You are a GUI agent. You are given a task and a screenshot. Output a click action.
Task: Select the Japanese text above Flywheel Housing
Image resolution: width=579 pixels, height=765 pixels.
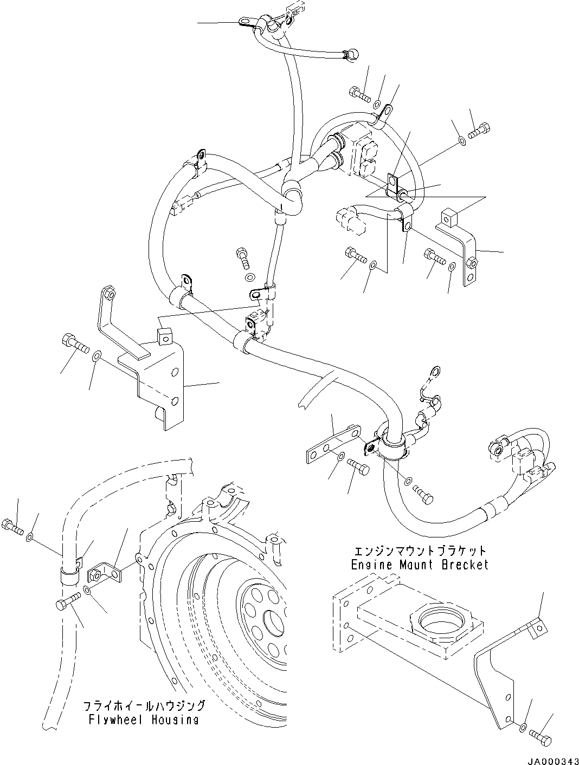pyautogui.click(x=144, y=706)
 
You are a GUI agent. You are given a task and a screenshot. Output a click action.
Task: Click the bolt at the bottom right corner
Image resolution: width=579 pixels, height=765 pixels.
pyautogui.click(x=543, y=740)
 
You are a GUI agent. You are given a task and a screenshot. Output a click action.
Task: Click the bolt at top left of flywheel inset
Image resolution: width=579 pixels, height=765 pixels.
pyautogui.click(x=14, y=525)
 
